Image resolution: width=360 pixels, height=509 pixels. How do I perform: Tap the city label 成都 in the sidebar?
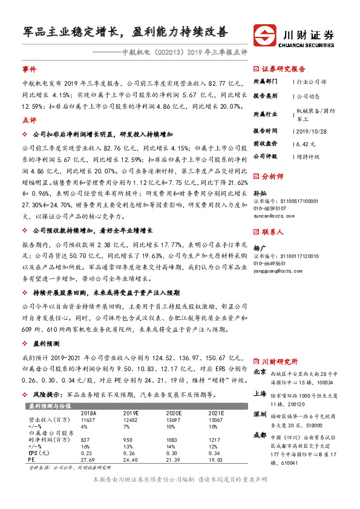pyautogui.click(x=259, y=435)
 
